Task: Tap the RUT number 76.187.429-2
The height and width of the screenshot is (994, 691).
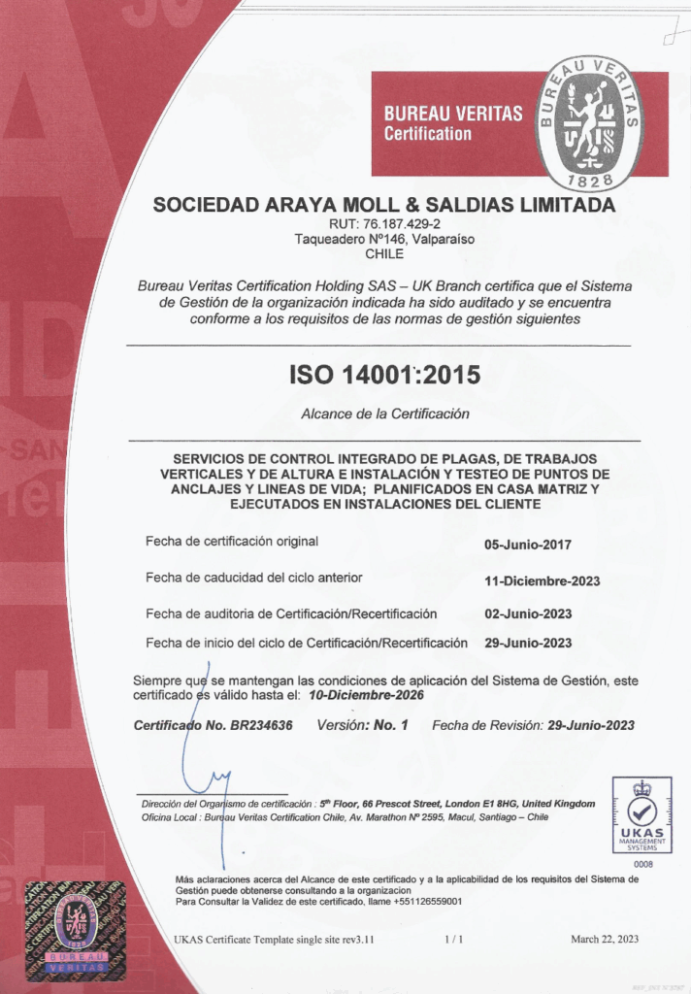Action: pyautogui.click(x=385, y=224)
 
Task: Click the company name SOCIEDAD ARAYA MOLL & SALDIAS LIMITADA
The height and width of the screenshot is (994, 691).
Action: pyautogui.click(x=384, y=206)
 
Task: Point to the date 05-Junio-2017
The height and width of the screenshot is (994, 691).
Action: pyautogui.click(x=528, y=545)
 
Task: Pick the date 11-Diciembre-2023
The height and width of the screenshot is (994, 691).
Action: pyautogui.click(x=542, y=581)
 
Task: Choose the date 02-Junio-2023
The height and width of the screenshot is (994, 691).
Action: pyautogui.click(x=528, y=613)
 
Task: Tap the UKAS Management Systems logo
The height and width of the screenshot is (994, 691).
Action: pyautogui.click(x=642, y=814)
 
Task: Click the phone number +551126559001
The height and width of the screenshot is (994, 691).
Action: pyautogui.click(x=426, y=902)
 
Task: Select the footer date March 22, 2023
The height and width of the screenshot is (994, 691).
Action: pyautogui.click(x=605, y=940)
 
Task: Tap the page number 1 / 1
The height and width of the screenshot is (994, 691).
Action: pyautogui.click(x=454, y=940)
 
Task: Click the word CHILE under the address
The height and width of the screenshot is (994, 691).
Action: pyautogui.click(x=384, y=253)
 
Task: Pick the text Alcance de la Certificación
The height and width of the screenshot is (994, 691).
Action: pyautogui.click(x=385, y=414)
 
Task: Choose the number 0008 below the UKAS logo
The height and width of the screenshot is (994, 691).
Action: pyautogui.click(x=642, y=863)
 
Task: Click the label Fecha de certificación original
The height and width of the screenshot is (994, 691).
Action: pyautogui.click(x=232, y=541)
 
